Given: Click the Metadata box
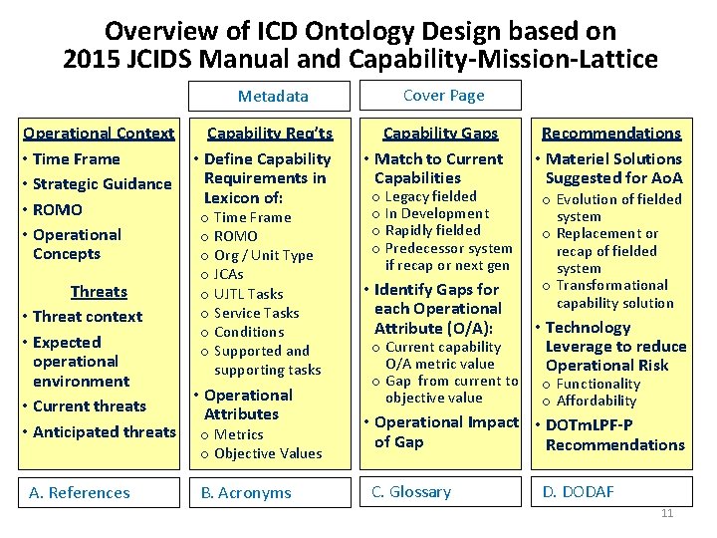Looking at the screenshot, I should click(x=273, y=96).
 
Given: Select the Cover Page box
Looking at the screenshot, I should click(x=443, y=96).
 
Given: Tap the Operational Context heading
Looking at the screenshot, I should click(x=99, y=134).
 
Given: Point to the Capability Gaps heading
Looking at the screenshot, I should click(x=440, y=134).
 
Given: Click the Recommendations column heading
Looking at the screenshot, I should click(x=610, y=134).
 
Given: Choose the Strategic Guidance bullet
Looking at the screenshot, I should click(x=102, y=184).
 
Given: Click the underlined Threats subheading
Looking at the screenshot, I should click(x=99, y=292).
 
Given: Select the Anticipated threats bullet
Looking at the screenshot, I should click(x=104, y=431).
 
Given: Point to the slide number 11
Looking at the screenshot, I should click(x=667, y=513).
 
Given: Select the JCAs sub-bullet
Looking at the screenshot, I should click(x=228, y=274).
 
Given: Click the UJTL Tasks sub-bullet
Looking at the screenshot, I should click(x=248, y=294).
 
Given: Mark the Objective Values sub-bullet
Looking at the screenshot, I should click(x=268, y=453).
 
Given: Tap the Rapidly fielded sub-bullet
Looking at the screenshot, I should click(x=432, y=230).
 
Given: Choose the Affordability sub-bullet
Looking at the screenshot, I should click(x=596, y=401).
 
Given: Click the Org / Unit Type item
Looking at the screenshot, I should click(x=263, y=255).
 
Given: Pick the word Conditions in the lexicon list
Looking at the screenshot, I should click(x=249, y=332).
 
